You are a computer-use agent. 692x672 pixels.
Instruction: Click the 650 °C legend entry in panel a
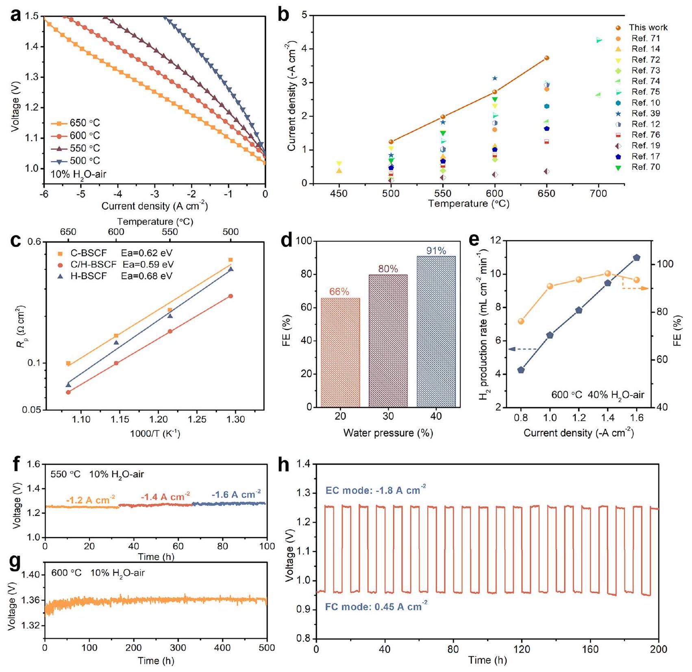click(76, 123)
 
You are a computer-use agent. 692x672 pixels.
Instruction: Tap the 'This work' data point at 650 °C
click(546, 58)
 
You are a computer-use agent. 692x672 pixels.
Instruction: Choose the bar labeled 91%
click(436, 331)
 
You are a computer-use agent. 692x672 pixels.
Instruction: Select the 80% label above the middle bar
click(388, 269)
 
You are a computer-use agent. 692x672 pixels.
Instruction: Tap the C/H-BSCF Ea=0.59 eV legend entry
click(116, 265)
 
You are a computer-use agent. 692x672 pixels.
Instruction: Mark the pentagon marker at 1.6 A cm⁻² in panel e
click(637, 258)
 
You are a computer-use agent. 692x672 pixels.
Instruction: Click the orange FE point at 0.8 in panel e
click(521, 321)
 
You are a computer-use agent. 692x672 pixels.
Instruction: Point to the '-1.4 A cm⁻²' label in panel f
click(165, 497)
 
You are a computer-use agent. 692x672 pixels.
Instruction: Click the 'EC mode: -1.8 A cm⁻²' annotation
click(376, 491)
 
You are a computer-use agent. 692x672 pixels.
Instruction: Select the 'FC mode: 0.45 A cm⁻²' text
click(376, 607)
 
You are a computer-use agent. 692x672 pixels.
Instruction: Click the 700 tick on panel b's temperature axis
click(598, 194)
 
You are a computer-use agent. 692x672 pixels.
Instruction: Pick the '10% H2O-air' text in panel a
click(78, 174)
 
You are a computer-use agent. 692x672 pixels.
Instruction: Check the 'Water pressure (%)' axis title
click(388, 433)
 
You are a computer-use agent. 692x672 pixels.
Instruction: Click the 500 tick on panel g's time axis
click(267, 648)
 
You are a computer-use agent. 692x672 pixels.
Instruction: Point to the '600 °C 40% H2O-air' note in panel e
click(598, 395)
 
